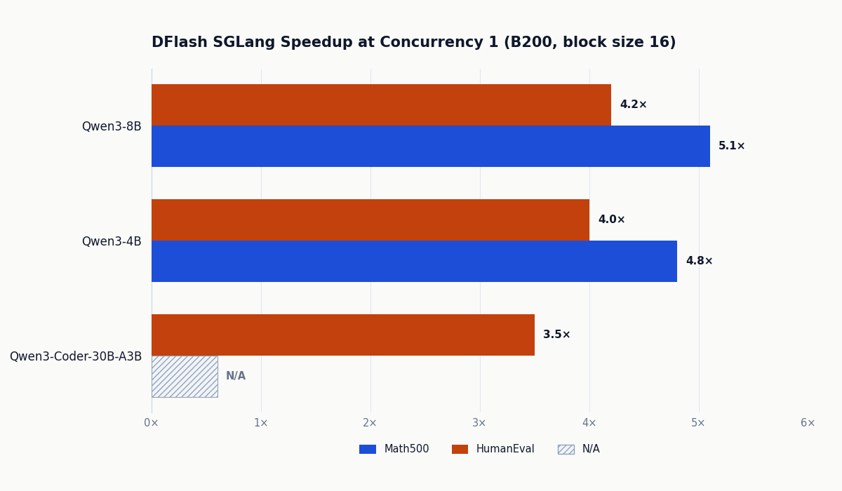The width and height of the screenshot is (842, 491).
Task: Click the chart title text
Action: coord(413,43)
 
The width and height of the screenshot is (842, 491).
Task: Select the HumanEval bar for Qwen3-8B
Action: coord(381,105)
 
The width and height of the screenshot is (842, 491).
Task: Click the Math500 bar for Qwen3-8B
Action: coord(430,147)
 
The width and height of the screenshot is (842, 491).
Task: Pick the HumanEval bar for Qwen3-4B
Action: coord(370,220)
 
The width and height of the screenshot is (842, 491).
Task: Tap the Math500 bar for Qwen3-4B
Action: coord(414,262)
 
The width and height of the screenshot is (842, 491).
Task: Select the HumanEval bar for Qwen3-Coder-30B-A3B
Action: coord(342,335)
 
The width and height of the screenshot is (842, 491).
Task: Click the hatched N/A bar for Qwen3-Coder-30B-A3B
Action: coord(185,377)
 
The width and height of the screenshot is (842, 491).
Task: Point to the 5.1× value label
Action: coord(731,147)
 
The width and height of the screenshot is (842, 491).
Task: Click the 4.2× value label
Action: coord(633,105)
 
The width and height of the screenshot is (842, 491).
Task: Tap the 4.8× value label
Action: coord(699,262)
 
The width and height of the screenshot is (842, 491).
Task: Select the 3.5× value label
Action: coord(556,335)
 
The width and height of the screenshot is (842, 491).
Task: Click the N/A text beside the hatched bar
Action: coord(236,377)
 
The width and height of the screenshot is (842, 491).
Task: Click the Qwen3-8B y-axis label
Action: coord(112,127)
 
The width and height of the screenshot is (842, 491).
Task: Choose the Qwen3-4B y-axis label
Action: coord(112,242)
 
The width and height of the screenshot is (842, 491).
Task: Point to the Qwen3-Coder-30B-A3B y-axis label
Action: coord(76,357)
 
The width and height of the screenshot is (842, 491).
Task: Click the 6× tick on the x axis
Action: coord(808,424)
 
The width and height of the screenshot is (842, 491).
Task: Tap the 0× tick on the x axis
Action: coord(152,424)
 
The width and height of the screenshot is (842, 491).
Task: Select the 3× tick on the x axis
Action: coord(480,424)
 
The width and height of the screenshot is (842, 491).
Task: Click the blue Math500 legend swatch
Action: coord(368,450)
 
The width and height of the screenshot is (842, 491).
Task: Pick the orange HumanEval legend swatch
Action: coord(460,450)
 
